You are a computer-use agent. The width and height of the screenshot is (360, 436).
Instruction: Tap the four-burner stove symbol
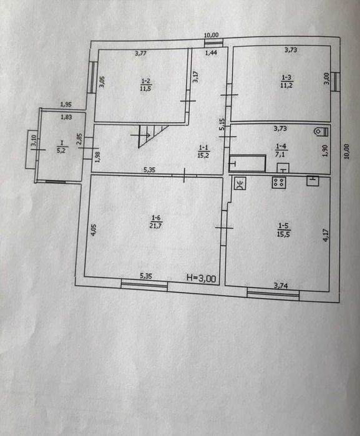tap(278, 183)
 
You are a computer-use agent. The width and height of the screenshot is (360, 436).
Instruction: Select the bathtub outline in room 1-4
tap(247, 163)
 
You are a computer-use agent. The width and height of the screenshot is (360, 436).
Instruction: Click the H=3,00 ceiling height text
tap(202, 279)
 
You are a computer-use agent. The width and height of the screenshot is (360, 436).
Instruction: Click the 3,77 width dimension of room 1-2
tap(141, 54)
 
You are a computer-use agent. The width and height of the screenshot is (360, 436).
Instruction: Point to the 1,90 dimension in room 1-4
tap(325, 151)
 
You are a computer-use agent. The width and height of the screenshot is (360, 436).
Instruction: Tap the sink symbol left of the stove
tap(241, 183)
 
